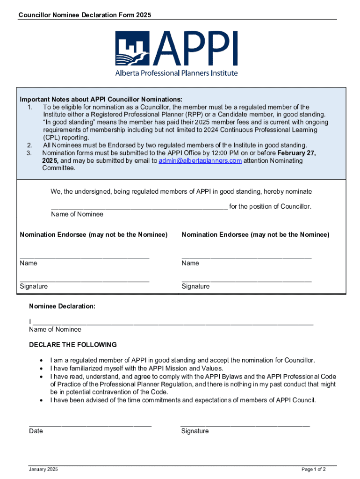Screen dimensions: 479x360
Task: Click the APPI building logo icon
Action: (x=133, y=48)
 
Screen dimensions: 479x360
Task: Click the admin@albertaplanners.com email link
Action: (x=200, y=161)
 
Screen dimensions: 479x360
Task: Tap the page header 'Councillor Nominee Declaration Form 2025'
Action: (x=85, y=15)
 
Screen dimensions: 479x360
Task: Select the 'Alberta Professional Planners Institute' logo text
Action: (x=176, y=73)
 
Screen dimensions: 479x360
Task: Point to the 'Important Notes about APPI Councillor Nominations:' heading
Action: (x=101, y=100)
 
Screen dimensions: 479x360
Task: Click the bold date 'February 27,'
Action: (x=297, y=153)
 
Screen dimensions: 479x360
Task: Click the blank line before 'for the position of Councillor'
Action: (x=139, y=209)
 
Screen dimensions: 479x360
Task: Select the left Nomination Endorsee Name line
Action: (x=85, y=257)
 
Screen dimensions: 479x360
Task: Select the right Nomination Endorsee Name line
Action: (x=246, y=257)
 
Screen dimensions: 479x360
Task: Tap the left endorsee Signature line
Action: (x=85, y=281)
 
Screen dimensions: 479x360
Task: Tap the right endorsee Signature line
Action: (x=246, y=281)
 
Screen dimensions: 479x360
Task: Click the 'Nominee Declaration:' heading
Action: (x=62, y=306)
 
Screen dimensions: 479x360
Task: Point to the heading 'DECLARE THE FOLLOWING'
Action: (x=73, y=345)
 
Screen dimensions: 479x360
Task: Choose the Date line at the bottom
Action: (x=90, y=425)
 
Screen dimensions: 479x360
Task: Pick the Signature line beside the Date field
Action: (x=245, y=425)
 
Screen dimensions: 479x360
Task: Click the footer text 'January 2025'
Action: (x=43, y=469)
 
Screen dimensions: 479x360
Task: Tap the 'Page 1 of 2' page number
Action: (x=314, y=469)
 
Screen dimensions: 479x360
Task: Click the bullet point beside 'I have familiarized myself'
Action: (x=43, y=369)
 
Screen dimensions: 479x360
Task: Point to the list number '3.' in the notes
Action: (x=30, y=153)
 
